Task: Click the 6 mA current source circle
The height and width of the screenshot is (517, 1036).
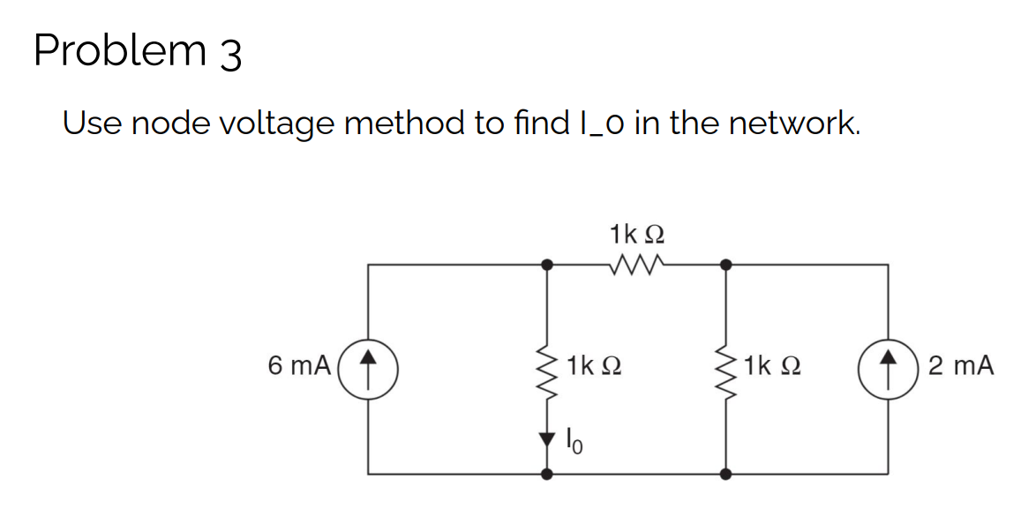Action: pyautogui.click(x=369, y=364)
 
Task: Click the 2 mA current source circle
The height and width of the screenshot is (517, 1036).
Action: pyautogui.click(x=887, y=364)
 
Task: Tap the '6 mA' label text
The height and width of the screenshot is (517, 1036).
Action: pyautogui.click(x=300, y=364)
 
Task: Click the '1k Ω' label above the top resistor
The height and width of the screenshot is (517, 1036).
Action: pyautogui.click(x=636, y=235)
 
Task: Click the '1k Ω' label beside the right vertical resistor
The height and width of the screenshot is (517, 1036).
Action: pyautogui.click(x=774, y=364)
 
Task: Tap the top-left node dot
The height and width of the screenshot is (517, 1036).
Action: pyautogui.click(x=547, y=263)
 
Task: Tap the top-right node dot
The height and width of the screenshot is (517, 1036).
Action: pyautogui.click(x=725, y=263)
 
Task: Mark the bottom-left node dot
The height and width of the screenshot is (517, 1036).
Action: pyautogui.click(x=547, y=474)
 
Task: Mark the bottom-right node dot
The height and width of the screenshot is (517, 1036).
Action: pyautogui.click(x=725, y=474)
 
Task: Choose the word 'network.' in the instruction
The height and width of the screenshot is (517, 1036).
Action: pyautogui.click(x=792, y=123)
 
